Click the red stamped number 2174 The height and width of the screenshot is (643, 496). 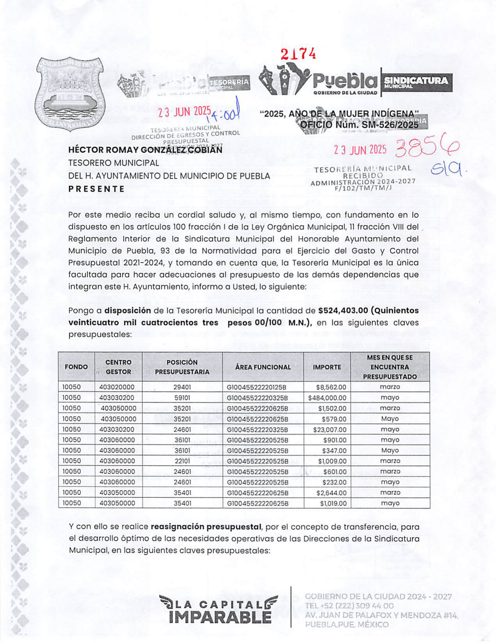(298, 54)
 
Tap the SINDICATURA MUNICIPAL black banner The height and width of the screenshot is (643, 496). (416, 82)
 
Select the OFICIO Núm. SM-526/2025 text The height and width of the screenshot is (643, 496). (359, 125)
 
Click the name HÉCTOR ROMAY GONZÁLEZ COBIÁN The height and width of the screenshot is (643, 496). (145, 150)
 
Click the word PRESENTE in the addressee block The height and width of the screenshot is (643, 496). (96, 189)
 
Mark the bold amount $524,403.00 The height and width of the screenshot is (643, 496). (343, 311)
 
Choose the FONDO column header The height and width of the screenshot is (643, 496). (76, 367)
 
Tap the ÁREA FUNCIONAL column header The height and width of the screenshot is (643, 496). (263, 367)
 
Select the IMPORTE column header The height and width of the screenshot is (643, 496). (327, 367)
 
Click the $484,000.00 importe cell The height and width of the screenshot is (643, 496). (327, 398)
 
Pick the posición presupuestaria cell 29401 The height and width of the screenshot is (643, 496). (182, 387)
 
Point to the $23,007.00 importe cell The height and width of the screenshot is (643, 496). (329, 429)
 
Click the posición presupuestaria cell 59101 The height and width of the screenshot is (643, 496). (182, 398)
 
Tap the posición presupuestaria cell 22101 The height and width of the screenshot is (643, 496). (182, 461)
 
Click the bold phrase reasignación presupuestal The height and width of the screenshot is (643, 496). (206, 527)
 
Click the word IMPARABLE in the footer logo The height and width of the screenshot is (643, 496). (220, 617)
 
